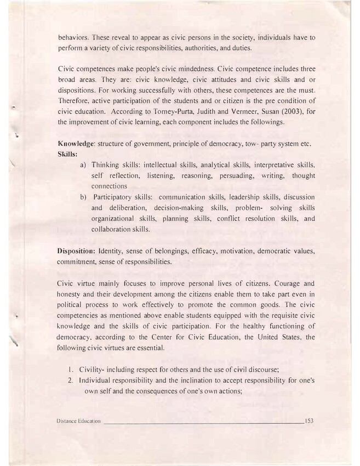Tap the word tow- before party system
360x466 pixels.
pos(249,144)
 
